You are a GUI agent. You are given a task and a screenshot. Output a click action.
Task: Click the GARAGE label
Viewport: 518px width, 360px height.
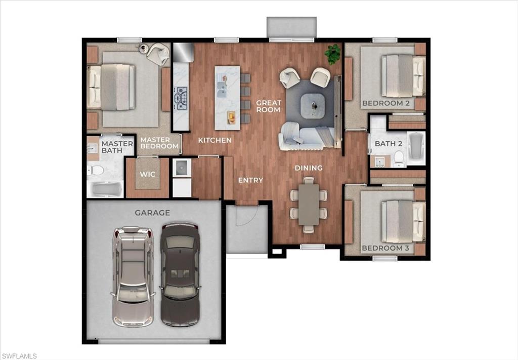152,213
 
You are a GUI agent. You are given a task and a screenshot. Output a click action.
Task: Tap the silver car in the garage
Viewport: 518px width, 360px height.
132,276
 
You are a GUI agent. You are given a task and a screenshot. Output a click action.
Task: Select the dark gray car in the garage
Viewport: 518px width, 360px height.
180,273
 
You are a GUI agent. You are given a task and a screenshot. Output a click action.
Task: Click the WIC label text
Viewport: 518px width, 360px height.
147,174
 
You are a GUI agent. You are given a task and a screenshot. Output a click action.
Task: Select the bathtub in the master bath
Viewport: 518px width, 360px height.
105,189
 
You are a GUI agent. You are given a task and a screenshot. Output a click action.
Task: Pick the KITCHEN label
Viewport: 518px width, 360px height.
214,140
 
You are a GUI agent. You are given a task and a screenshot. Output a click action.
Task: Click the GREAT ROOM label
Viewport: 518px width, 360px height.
268,106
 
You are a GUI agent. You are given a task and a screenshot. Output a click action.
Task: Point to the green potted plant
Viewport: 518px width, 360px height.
332,54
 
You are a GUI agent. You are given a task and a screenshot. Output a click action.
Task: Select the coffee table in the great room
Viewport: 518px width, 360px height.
313,106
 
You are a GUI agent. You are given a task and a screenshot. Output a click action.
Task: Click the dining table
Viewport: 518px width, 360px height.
309,204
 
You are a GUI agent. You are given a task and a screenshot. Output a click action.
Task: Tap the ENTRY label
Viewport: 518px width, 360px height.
250,180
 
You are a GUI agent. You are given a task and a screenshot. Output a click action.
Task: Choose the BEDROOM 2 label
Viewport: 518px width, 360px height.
385,104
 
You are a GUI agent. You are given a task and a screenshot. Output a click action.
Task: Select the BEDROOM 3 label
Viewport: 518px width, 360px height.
385,248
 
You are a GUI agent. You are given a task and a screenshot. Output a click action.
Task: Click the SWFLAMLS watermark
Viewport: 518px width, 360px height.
19,356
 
